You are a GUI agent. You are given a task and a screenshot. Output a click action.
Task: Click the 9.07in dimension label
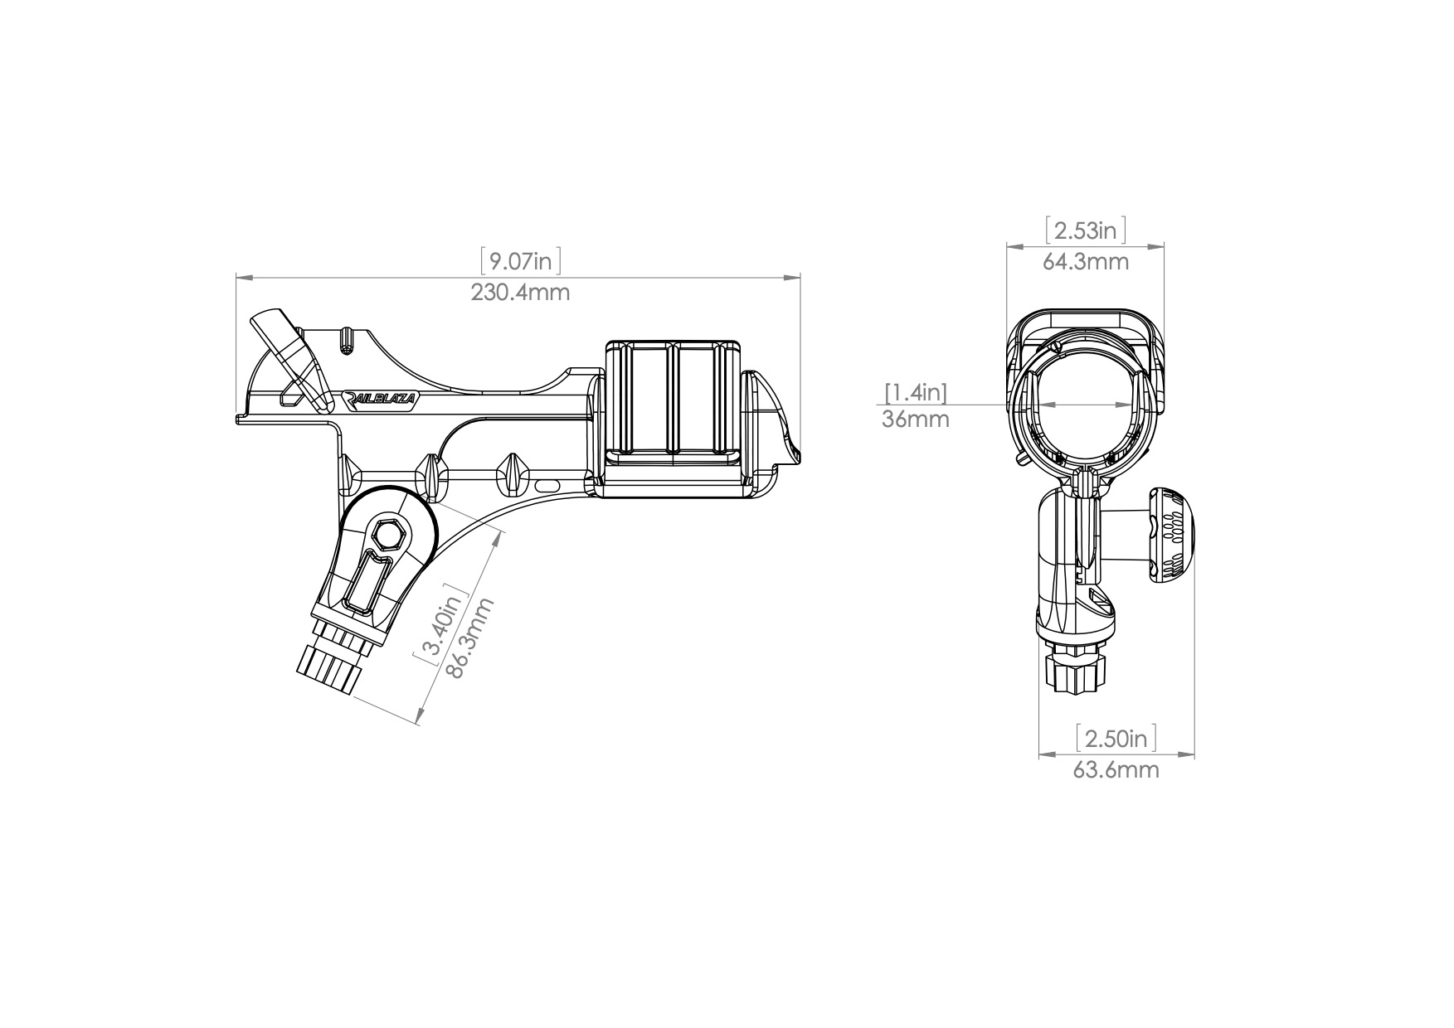(x=521, y=262)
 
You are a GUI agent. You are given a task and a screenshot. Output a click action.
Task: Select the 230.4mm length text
(x=521, y=293)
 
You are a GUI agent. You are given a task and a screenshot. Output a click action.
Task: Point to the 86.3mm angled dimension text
(x=470, y=638)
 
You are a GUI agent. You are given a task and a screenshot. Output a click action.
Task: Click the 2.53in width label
(x=1086, y=230)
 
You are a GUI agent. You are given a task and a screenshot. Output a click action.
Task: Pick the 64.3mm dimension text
(x=1086, y=262)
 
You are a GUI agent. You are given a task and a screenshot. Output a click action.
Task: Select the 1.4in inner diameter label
(x=916, y=391)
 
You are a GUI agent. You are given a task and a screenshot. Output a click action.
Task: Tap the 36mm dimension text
(x=916, y=419)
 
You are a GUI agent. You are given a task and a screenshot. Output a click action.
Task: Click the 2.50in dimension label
(x=1116, y=738)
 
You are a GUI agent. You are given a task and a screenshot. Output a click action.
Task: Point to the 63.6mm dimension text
(x=1116, y=770)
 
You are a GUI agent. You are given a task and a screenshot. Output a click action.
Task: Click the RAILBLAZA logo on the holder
(x=381, y=400)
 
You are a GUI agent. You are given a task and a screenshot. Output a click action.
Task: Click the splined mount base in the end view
(x=1077, y=671)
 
